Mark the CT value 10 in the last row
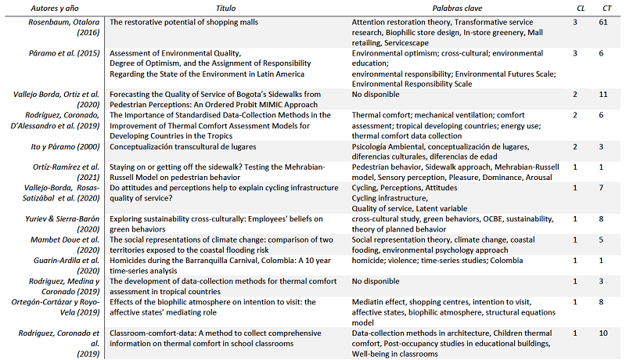coord(603,333)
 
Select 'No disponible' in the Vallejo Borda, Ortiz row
coord(380,94)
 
